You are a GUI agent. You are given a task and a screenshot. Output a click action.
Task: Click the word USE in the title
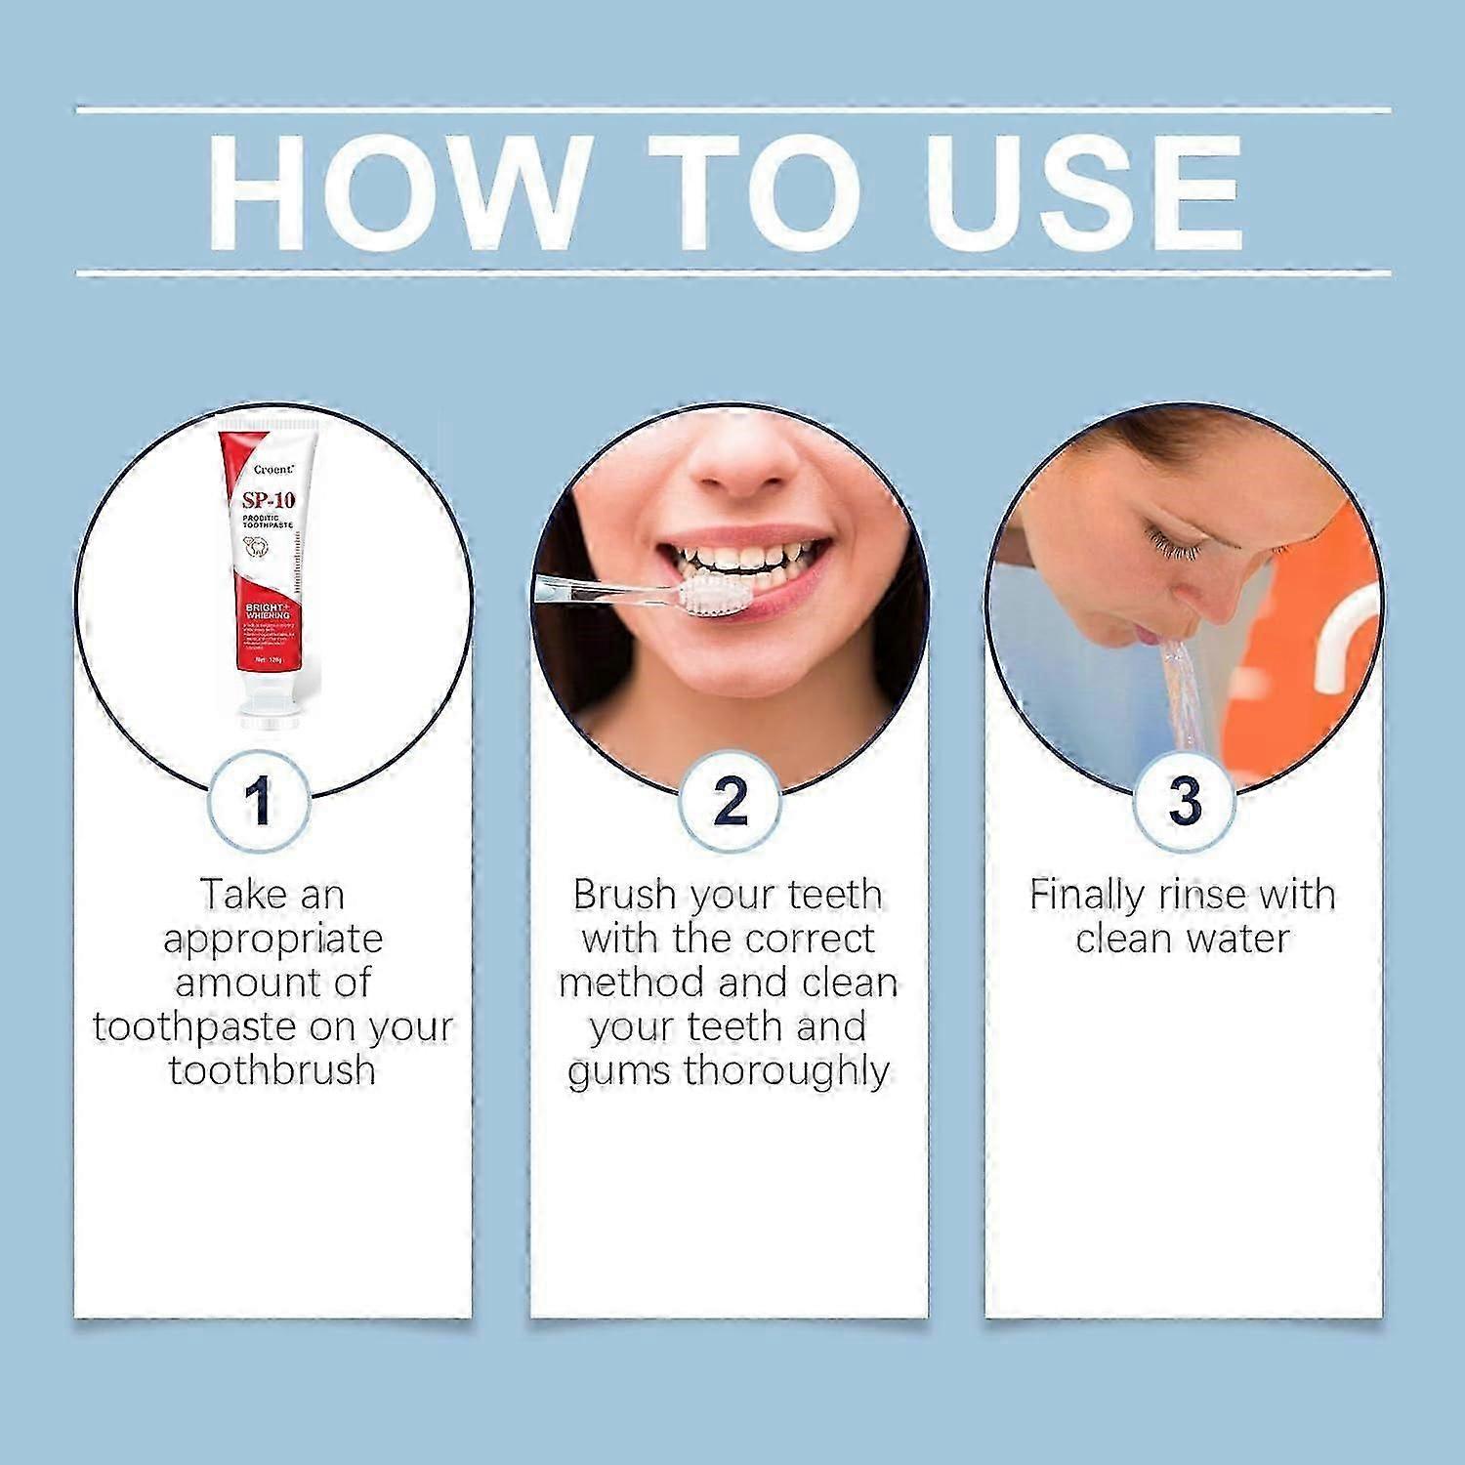pos(1084,190)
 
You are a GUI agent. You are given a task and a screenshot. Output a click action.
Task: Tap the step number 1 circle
pos(259,802)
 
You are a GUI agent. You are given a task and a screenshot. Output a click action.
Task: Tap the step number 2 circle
pos(730,802)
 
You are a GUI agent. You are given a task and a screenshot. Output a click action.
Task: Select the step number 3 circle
pos(1184,802)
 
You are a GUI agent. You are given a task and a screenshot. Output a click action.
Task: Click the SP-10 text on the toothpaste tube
pos(269,500)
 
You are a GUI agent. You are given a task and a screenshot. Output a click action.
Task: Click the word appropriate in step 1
pos(272,939)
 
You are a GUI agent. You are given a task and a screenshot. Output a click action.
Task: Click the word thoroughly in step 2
pos(786,1070)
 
